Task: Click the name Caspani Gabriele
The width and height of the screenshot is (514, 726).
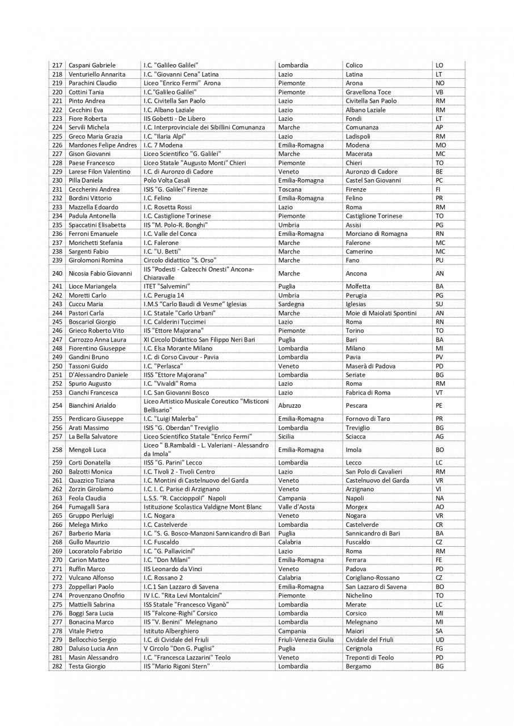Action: click(x=92, y=65)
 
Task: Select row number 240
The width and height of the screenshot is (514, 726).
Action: click(x=57, y=273)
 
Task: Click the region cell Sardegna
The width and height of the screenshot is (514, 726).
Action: click(x=291, y=304)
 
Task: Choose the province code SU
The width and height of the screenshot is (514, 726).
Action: click(x=439, y=304)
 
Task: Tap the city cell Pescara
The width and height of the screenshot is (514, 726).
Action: click(x=356, y=406)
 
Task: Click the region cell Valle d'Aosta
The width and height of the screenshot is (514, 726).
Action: click(x=296, y=507)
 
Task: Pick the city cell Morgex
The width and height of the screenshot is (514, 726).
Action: click(x=356, y=507)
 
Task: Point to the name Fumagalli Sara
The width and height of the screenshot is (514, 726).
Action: click(x=89, y=507)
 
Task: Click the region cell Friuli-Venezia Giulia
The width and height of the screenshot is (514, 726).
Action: click(x=306, y=640)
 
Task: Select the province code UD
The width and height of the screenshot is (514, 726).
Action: click(x=439, y=640)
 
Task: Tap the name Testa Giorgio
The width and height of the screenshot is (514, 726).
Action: click(x=87, y=666)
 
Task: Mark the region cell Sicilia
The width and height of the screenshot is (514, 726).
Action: click(x=288, y=437)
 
